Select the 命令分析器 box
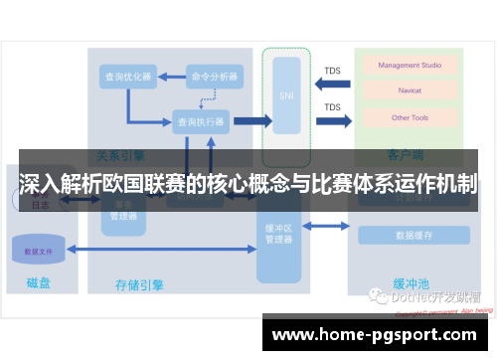point(215,77)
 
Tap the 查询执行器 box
point(201,121)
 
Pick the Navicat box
point(410,91)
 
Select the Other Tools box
point(410,117)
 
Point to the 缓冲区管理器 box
point(278,234)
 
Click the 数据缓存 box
point(413,236)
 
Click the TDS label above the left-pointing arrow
point(333,71)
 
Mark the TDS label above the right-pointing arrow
point(333,107)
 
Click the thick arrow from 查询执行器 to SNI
point(252,121)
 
